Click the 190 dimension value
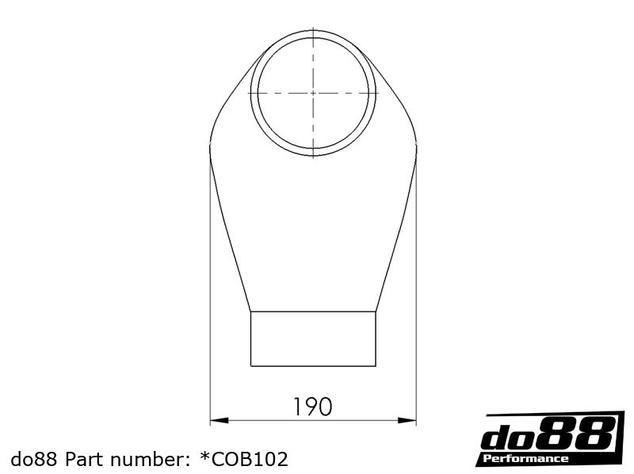click(312, 407)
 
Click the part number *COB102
click(244, 459)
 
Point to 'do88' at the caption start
click(36, 459)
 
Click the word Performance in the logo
click(525, 459)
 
